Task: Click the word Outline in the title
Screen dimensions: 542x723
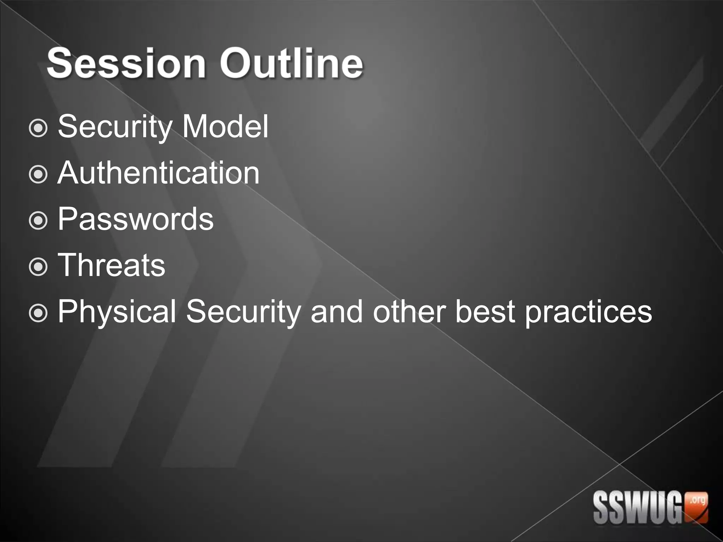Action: tap(292, 64)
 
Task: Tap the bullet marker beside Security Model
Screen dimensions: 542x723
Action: tap(38, 128)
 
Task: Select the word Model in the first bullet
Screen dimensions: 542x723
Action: tap(225, 126)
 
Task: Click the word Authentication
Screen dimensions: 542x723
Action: tap(159, 173)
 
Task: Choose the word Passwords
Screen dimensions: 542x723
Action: tap(136, 219)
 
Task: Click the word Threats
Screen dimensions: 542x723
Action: tap(112, 265)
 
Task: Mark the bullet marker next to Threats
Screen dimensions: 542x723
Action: tap(38, 267)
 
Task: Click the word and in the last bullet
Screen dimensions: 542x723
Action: tap(336, 311)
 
